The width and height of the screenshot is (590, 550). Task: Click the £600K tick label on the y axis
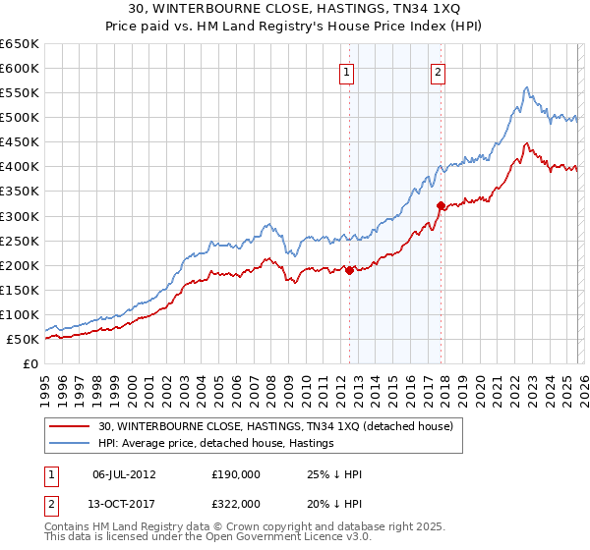point(20,68)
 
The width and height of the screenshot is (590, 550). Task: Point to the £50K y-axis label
point(23,339)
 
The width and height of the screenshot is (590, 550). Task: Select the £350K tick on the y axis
point(20,192)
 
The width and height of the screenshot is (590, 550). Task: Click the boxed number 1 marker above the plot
point(348,71)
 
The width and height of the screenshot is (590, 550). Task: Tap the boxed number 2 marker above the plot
point(438,71)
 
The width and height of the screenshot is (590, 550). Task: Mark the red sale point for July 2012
point(349,270)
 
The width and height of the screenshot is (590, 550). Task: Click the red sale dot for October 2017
point(441,205)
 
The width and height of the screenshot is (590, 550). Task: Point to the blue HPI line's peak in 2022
point(527,87)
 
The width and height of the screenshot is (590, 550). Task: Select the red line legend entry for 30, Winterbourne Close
point(275,426)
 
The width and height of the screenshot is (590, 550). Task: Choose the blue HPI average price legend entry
point(216,444)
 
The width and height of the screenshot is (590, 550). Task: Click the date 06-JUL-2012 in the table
point(123,474)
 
